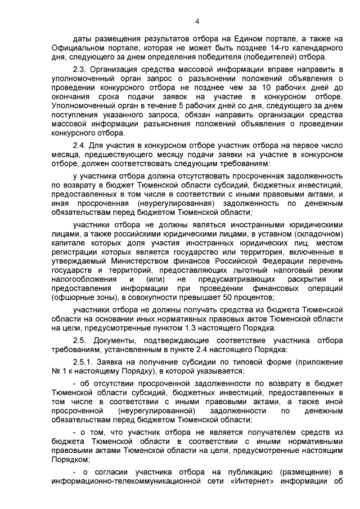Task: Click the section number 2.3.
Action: [x=82, y=68]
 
